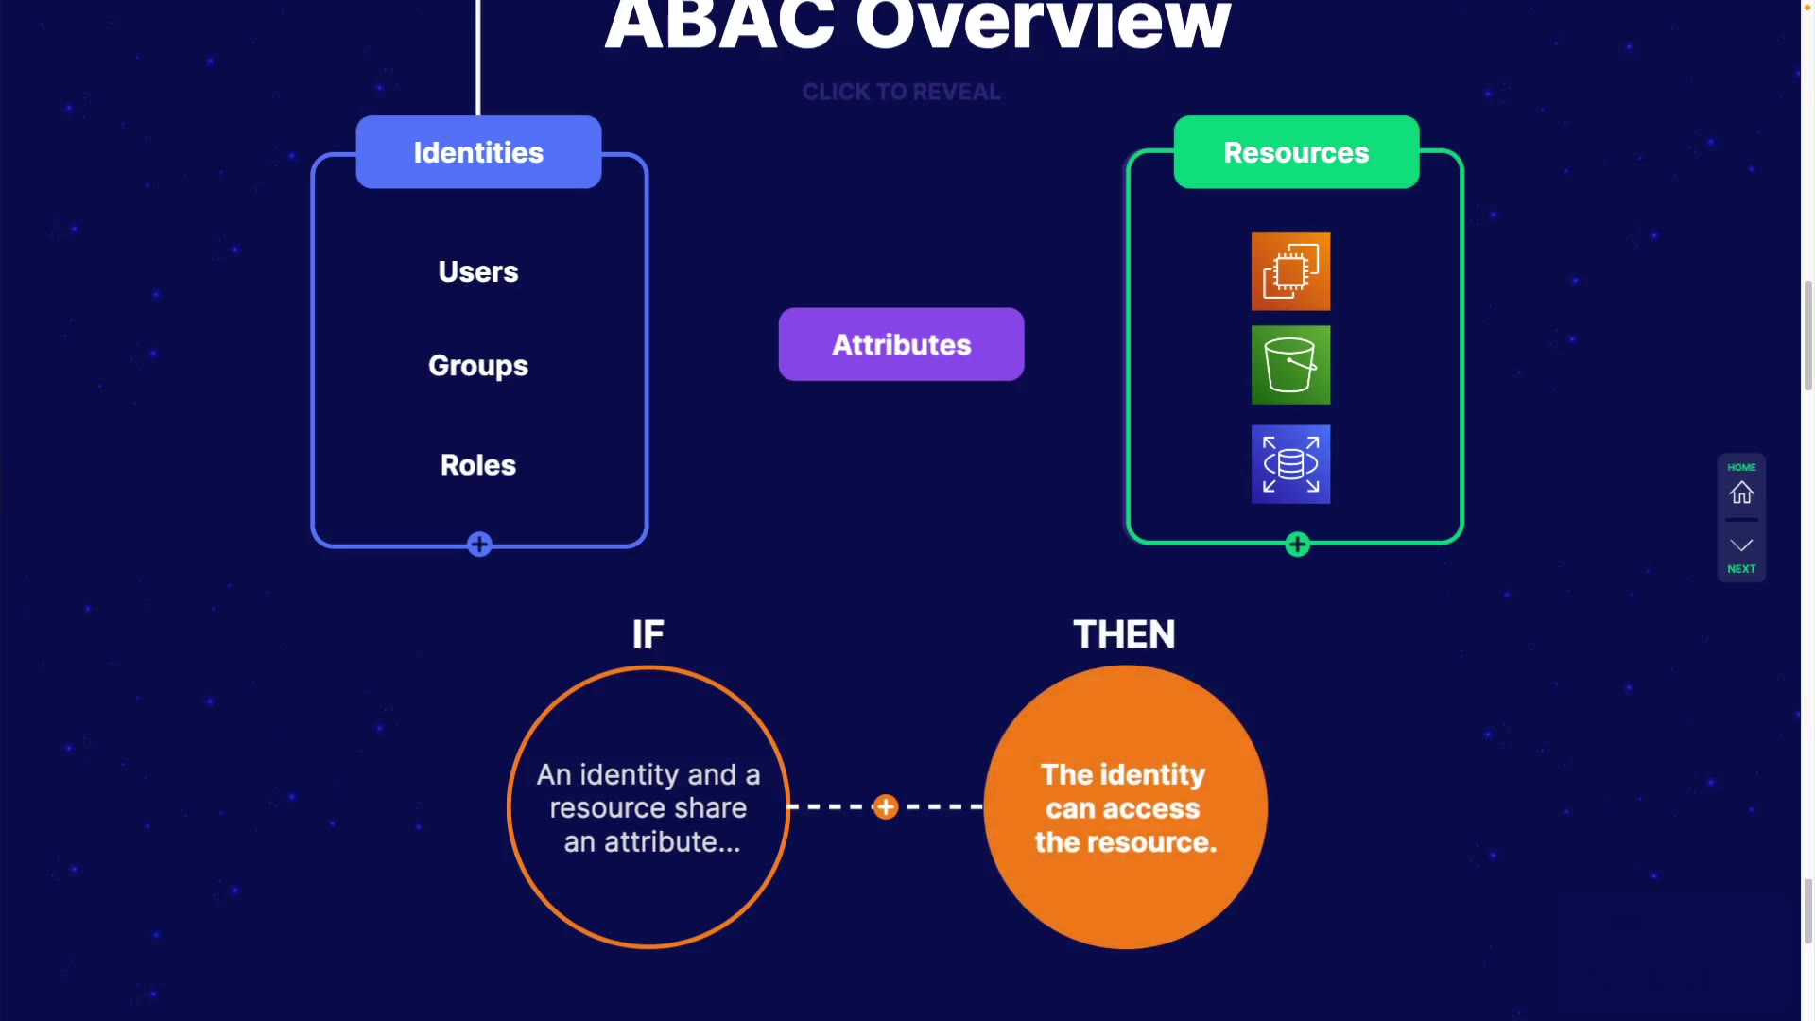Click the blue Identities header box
478,152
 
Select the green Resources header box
1296,152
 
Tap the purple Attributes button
901,344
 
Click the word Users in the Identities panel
478,272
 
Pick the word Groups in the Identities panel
478,366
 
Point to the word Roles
478,465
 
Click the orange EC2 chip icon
1290,271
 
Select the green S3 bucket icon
1290,365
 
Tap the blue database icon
1290,464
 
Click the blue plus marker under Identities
479,545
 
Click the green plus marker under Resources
1297,545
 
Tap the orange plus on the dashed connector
886,807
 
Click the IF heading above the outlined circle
648,634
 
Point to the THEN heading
1124,634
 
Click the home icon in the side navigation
1741,493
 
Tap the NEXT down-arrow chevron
1741,545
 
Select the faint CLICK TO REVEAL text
901,92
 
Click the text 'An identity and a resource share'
648,791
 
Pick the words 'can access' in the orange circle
1123,809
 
